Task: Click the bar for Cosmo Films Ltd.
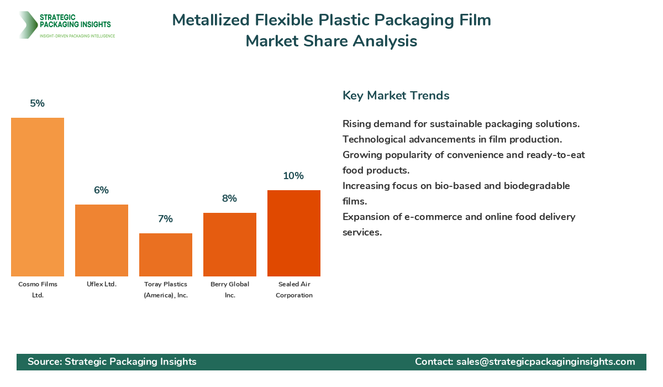click(38, 197)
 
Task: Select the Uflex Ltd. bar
click(102, 240)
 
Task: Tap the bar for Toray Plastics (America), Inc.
click(166, 255)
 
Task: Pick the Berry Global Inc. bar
click(230, 244)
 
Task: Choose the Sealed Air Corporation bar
click(294, 233)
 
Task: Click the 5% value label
click(38, 103)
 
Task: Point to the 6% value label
click(102, 190)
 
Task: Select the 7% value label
click(166, 219)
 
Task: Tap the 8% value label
click(230, 198)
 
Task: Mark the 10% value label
click(294, 176)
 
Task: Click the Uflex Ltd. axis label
click(102, 284)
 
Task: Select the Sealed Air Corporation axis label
click(294, 290)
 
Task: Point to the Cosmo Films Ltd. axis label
click(38, 290)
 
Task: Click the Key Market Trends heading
click(396, 96)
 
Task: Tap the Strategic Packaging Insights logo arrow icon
click(27, 25)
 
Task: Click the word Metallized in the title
click(211, 20)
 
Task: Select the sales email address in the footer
click(545, 362)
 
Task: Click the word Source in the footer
click(44, 362)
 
